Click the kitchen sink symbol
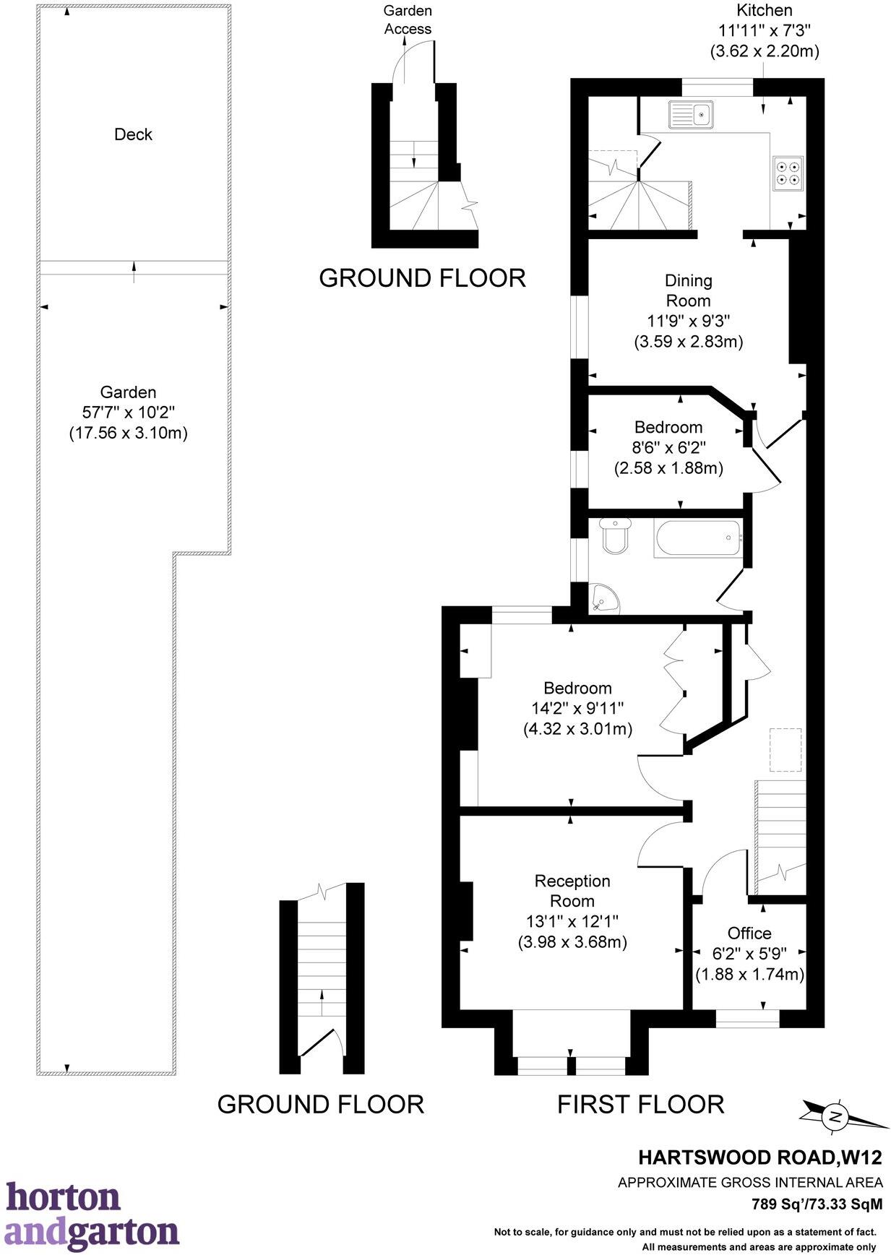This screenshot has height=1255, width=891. pos(691,114)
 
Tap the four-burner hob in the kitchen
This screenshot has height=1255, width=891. pos(787,173)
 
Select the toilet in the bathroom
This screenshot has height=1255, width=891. pos(615,535)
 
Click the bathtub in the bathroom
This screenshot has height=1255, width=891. pos(698,538)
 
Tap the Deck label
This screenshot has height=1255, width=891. pos(133,134)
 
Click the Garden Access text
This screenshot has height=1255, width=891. pos(408,20)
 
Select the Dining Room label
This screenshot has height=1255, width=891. pos(688,290)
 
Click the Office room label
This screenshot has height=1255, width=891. pos(749,933)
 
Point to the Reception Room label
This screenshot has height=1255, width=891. pos(572,891)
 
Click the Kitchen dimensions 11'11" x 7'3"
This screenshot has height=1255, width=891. pos(764,31)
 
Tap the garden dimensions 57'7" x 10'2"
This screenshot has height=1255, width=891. pos(128,413)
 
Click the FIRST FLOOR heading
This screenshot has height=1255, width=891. pos(640,1104)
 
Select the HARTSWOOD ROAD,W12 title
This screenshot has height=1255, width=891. pos(759,1157)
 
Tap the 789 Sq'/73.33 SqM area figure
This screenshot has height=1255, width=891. pos(817,1204)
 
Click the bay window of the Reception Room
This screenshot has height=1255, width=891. pos(571,1065)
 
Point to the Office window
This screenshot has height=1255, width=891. pos(747,1019)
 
